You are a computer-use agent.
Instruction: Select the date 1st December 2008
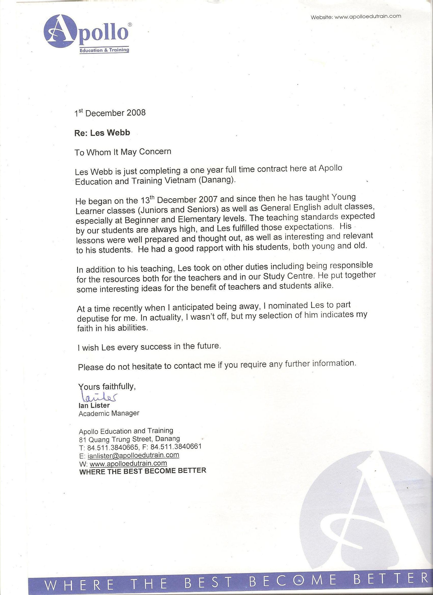[x=110, y=113]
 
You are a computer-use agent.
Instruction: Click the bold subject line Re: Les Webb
[x=102, y=133]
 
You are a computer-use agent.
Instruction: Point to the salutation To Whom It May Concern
[x=123, y=152]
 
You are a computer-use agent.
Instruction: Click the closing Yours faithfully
[x=107, y=386]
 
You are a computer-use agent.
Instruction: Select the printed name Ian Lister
[x=94, y=406]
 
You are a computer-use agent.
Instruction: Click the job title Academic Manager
[x=109, y=414]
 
